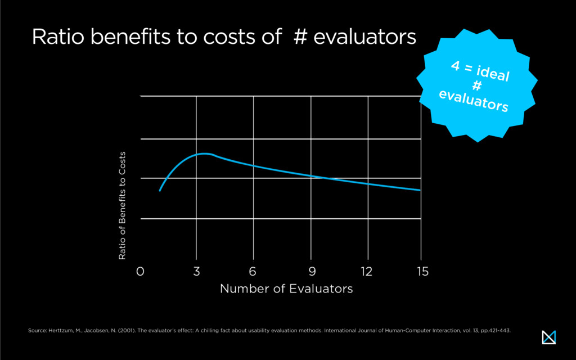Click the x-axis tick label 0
tap(141, 272)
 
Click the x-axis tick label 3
tap(196, 272)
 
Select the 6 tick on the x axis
tap(253, 272)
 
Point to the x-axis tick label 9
tap(310, 272)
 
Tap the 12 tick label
tap(367, 272)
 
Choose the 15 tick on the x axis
tap(422, 272)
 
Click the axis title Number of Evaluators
tap(286, 289)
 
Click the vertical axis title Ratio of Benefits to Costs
tap(122, 206)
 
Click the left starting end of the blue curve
tap(160, 191)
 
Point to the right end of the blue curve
tap(420, 190)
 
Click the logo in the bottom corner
tap(548, 336)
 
